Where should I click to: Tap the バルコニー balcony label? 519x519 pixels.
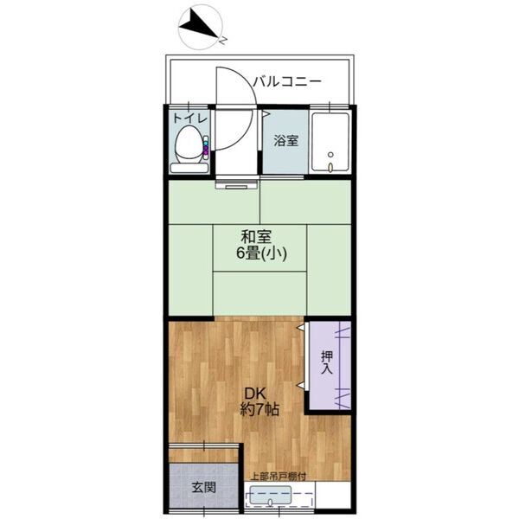click(x=287, y=82)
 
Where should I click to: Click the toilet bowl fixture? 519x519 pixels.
click(x=186, y=145)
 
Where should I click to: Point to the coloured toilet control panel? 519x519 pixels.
click(x=206, y=149)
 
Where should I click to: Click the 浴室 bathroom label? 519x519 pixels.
click(x=285, y=140)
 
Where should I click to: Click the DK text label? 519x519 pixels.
click(x=254, y=390)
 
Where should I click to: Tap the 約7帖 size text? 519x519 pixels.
click(x=259, y=409)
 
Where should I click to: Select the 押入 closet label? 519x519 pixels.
click(x=327, y=362)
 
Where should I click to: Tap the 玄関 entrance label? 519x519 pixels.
click(x=203, y=487)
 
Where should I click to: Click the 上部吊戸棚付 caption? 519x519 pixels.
click(x=279, y=475)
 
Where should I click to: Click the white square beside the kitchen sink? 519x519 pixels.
click(x=333, y=497)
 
